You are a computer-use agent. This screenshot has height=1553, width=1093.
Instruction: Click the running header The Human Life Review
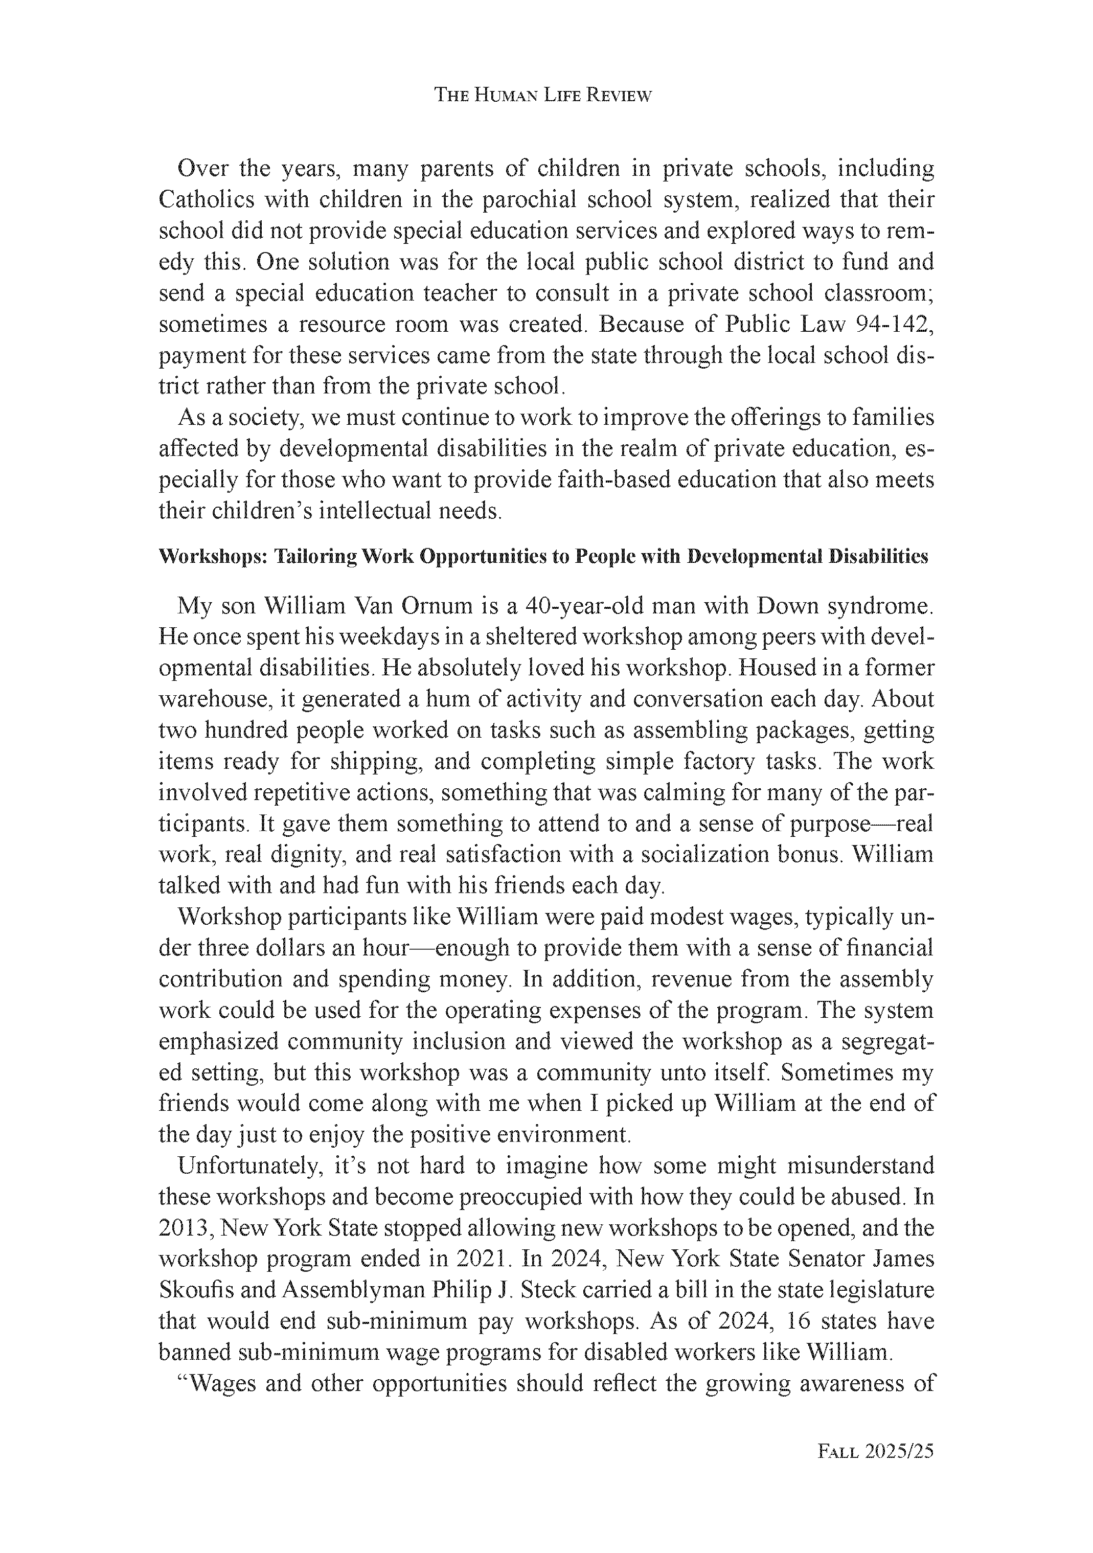coord(542,96)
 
